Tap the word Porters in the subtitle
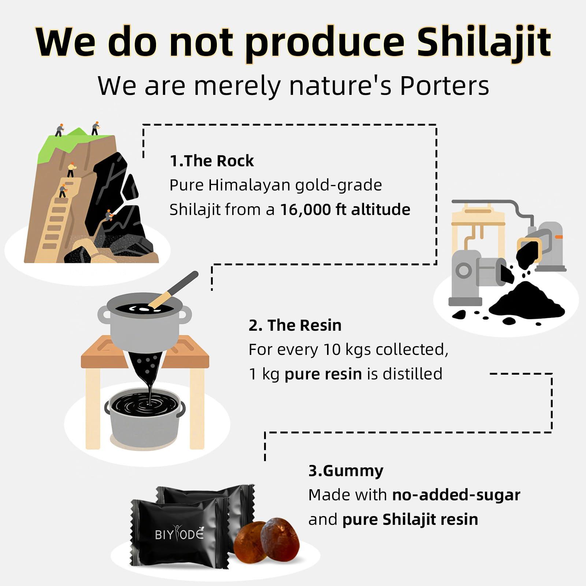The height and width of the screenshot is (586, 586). (x=444, y=86)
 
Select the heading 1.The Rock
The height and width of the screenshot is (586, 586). (x=211, y=161)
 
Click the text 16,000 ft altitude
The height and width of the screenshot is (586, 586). (x=345, y=209)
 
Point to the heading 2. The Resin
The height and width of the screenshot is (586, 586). (x=295, y=325)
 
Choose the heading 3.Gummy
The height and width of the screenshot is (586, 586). (x=346, y=471)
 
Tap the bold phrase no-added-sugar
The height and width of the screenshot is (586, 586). (x=456, y=495)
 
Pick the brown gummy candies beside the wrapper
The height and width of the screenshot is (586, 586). (x=267, y=538)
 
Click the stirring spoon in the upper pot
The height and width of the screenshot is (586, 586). (x=174, y=289)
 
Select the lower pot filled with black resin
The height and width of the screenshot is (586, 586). (x=145, y=414)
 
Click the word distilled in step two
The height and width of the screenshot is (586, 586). (x=412, y=374)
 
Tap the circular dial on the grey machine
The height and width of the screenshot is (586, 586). (x=464, y=271)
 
